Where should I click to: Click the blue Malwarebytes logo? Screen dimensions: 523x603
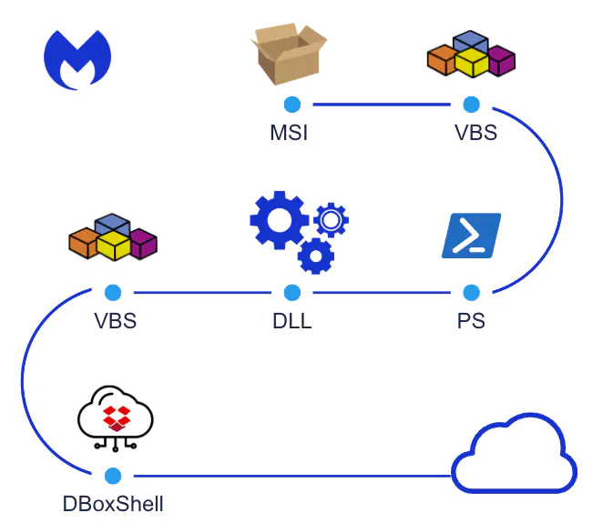[x=77, y=59]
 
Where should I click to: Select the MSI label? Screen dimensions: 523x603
[x=289, y=133]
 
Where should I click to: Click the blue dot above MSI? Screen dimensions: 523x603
[x=291, y=105]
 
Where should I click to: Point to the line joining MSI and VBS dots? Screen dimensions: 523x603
[x=381, y=105]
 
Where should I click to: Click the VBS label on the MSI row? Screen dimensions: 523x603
[x=475, y=133]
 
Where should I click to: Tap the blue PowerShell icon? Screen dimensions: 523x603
[x=472, y=236]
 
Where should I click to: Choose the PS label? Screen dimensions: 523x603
[x=471, y=321]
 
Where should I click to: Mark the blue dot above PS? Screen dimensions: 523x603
[x=471, y=293]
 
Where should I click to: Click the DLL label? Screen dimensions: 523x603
[x=291, y=321]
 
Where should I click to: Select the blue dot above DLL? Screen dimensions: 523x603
[x=291, y=293]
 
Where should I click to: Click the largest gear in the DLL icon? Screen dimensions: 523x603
[x=279, y=219]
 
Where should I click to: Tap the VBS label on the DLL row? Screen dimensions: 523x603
[x=115, y=321]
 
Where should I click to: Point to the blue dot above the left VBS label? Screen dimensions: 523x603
[x=113, y=293]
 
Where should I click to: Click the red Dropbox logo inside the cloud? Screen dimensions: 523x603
[x=116, y=418]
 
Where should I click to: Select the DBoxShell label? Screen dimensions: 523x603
[x=114, y=503]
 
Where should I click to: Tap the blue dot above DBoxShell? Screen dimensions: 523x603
[x=113, y=475]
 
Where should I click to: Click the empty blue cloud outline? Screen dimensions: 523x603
[x=515, y=455]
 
